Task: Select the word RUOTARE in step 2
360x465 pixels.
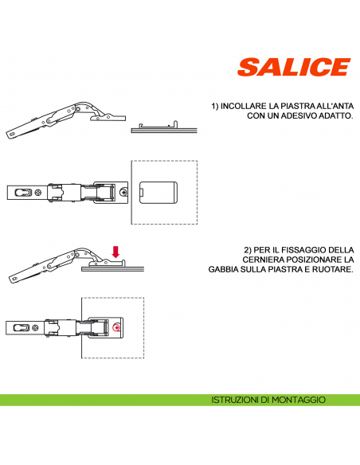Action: pos(335,269)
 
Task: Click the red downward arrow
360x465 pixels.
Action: pos(116,252)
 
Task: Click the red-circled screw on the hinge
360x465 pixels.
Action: pos(117,327)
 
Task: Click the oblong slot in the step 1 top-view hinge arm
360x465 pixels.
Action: pos(26,192)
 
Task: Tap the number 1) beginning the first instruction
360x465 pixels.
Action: pos(215,106)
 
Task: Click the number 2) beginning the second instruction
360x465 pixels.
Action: pos(248,250)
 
